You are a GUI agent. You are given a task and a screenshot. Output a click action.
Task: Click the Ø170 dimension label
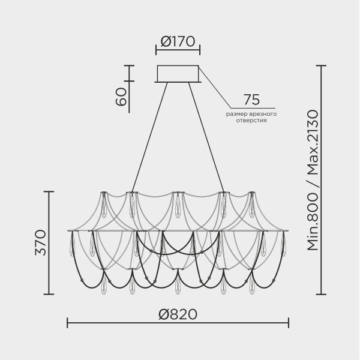pyautogui.click(x=178, y=41)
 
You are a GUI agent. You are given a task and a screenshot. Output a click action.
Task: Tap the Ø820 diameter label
pyautogui.click(x=178, y=314)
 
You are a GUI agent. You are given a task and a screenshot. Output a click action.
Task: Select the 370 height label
pyautogui.click(x=40, y=242)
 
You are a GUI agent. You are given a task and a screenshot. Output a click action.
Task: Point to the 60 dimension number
pyautogui.click(x=121, y=97)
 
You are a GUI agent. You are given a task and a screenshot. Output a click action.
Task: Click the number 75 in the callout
pyautogui.click(x=251, y=100)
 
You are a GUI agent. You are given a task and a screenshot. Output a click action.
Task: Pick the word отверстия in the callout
pyautogui.click(x=251, y=121)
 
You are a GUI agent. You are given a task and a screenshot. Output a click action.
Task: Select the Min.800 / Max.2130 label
pyautogui.click(x=313, y=180)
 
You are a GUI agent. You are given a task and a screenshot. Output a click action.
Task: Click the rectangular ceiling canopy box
pyautogui.click(x=178, y=74)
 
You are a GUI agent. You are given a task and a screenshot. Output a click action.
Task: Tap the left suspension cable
pyautogui.click(x=149, y=137)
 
